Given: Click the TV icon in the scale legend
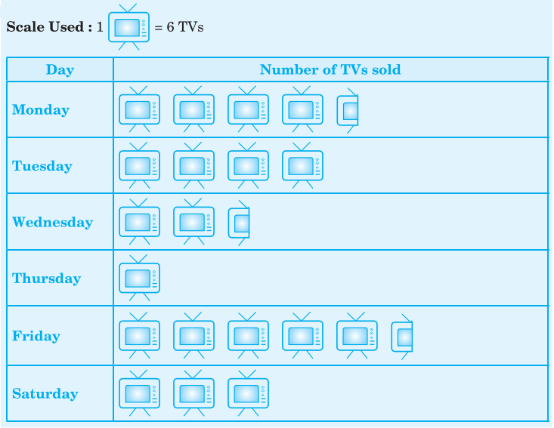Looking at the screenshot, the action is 128,27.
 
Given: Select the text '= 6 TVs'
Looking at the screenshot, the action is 179,27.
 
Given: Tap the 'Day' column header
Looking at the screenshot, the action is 60,69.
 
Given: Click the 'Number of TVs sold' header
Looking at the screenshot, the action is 330,69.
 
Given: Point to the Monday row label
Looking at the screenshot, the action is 41,109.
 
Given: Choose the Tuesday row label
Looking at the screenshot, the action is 42,166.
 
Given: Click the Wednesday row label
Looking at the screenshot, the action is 53,222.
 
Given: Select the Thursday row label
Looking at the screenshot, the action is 47,278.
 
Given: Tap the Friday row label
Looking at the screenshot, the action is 36,336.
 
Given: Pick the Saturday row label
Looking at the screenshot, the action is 45,393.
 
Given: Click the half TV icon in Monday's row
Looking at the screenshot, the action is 348,110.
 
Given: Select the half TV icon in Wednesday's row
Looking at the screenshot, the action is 239,223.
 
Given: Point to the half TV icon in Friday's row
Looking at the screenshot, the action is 402,337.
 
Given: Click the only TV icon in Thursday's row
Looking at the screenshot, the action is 140,278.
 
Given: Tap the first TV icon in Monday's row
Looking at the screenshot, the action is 140,109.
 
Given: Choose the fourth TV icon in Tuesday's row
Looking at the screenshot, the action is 303,165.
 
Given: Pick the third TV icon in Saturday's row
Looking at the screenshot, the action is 249,393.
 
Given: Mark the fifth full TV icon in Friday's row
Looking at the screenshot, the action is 357,336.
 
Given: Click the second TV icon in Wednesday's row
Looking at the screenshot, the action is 194,222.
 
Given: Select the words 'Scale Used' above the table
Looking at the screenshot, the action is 45,27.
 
